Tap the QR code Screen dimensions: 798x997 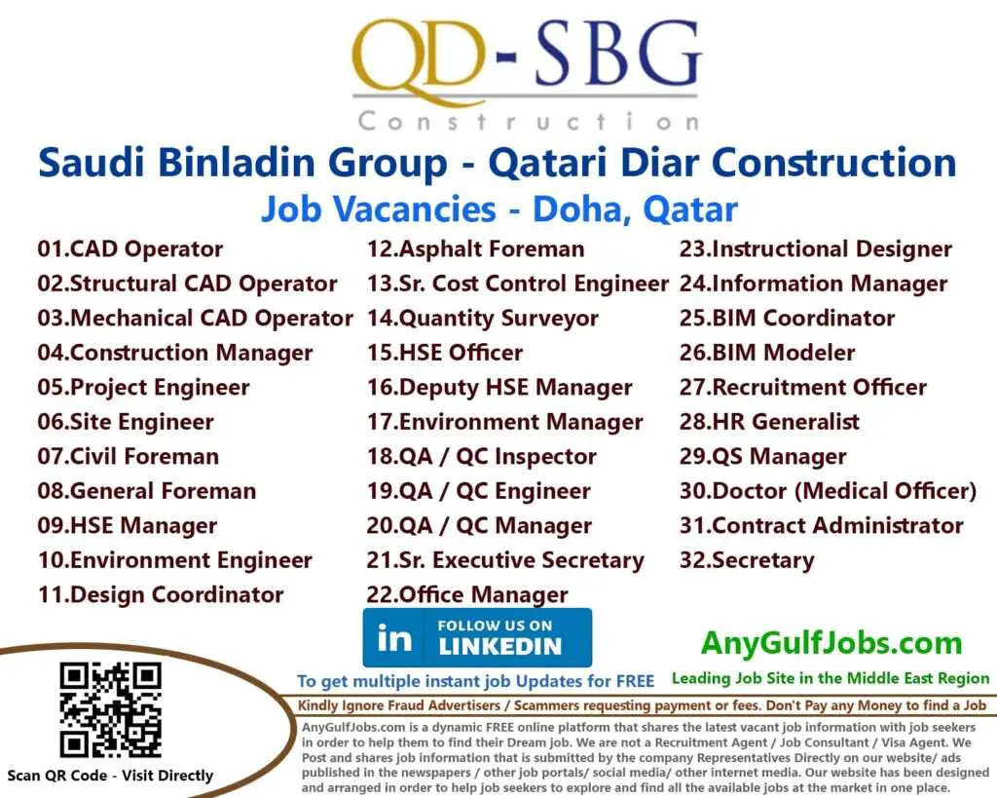[109, 710]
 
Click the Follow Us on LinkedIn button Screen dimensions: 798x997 [477, 637]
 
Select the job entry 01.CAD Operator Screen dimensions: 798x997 [130, 249]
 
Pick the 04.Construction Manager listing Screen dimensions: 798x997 [175, 353]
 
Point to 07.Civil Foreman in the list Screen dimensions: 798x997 [129, 457]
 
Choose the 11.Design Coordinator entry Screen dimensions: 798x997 [161, 595]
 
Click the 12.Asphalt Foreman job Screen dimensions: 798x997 [475, 249]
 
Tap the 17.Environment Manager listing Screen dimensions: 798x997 [504, 423]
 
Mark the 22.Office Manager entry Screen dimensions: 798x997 [467, 594]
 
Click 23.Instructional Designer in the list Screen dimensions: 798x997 [815, 249]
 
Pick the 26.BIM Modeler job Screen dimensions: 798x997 [767, 353]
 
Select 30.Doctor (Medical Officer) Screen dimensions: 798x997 [828, 491]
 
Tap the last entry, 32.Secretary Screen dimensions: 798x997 [747, 561]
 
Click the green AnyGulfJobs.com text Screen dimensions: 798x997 [831, 643]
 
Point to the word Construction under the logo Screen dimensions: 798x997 [527, 122]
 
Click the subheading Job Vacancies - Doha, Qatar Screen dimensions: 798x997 [498, 209]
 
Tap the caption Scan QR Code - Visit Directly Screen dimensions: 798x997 [109, 776]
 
